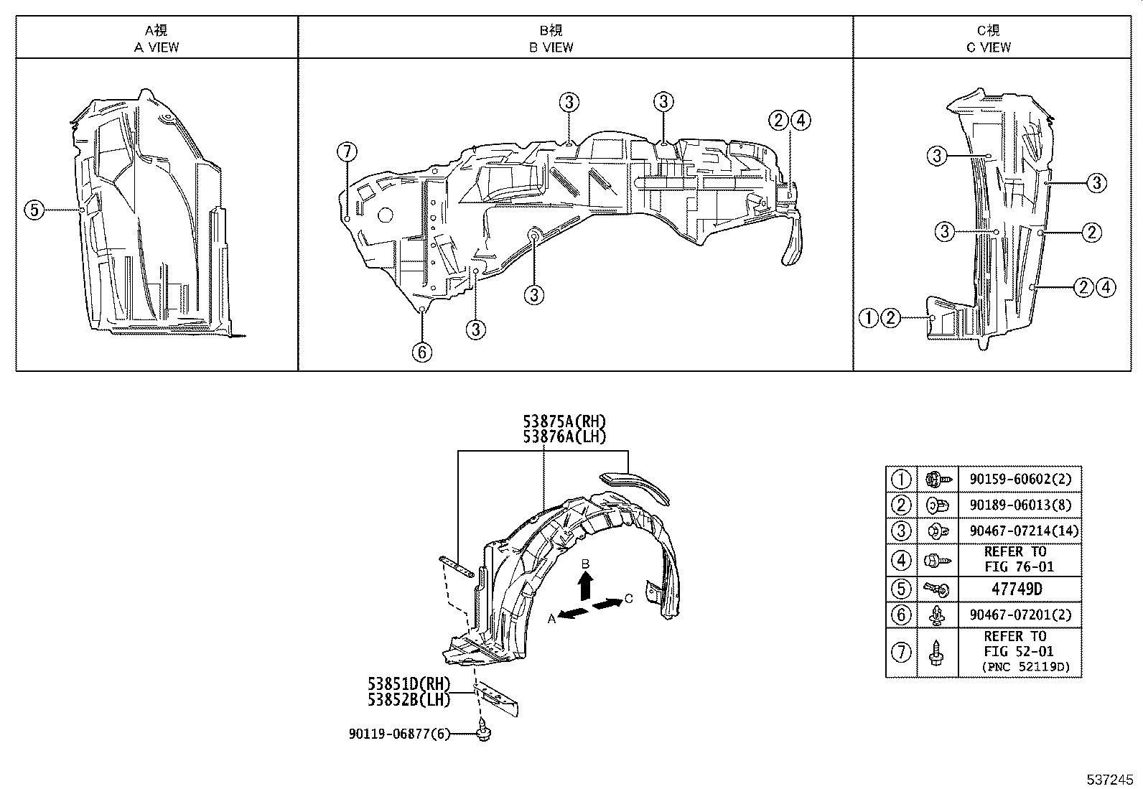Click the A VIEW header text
click(x=157, y=47)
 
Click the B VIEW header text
click(x=551, y=47)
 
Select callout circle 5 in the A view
click(x=34, y=210)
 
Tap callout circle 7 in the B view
click(x=346, y=152)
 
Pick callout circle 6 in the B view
click(x=422, y=352)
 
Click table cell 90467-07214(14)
click(x=1018, y=532)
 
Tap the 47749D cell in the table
click(x=1018, y=589)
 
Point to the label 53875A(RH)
click(x=564, y=422)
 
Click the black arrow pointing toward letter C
click(x=607, y=603)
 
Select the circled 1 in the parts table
click(x=901, y=479)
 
